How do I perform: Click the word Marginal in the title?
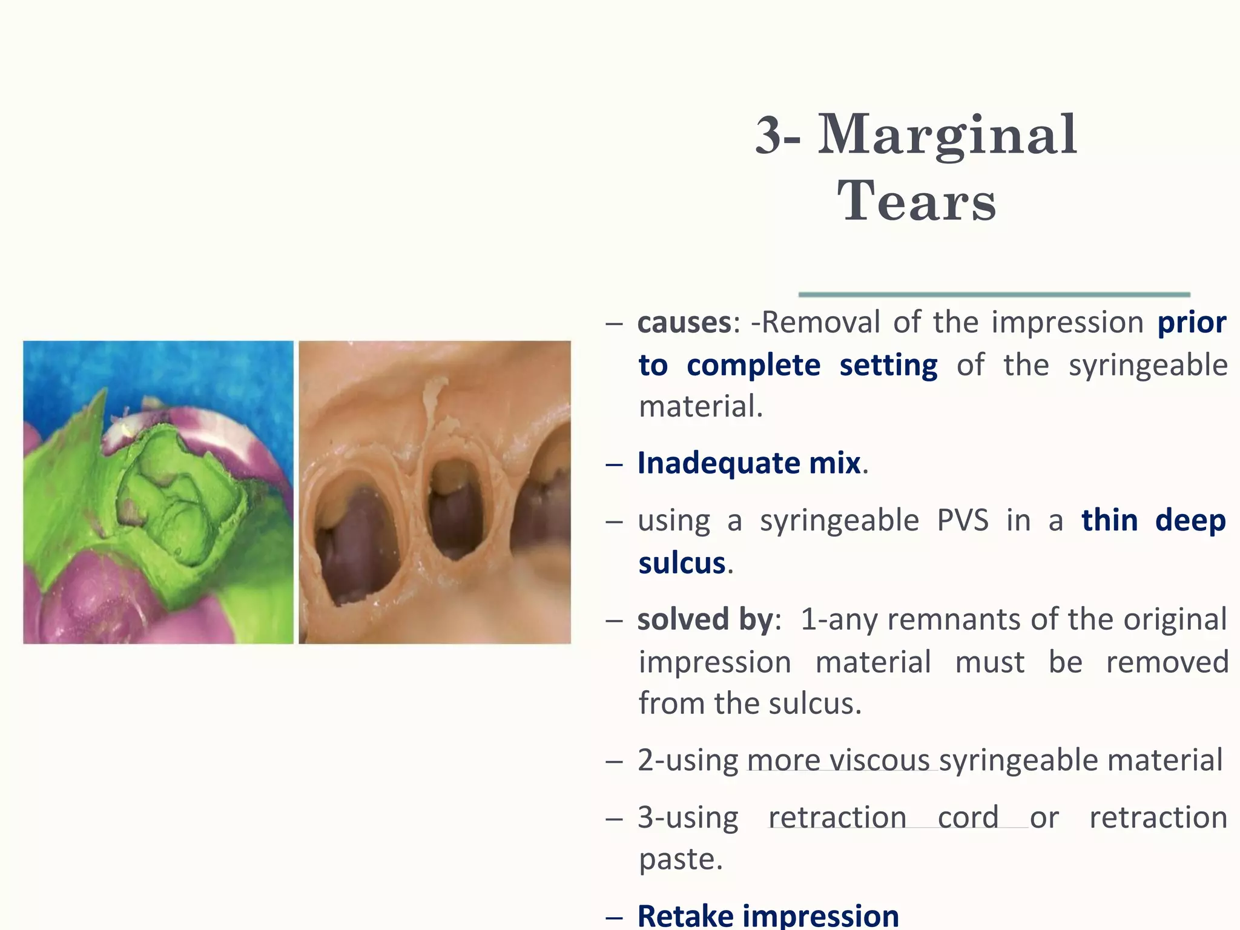click(x=948, y=136)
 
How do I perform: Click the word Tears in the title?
click(x=917, y=202)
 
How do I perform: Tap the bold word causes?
click(x=684, y=323)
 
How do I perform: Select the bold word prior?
click(x=1192, y=323)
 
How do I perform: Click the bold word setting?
click(x=888, y=366)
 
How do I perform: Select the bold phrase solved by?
click(x=705, y=620)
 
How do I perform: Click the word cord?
click(x=968, y=818)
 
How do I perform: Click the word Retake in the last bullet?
click(x=685, y=915)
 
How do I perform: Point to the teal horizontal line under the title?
click(x=994, y=295)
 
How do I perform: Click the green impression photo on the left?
click(x=158, y=492)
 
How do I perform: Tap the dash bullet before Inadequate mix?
click(x=614, y=465)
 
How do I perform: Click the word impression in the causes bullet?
click(x=1067, y=323)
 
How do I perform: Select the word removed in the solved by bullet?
click(x=1167, y=662)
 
